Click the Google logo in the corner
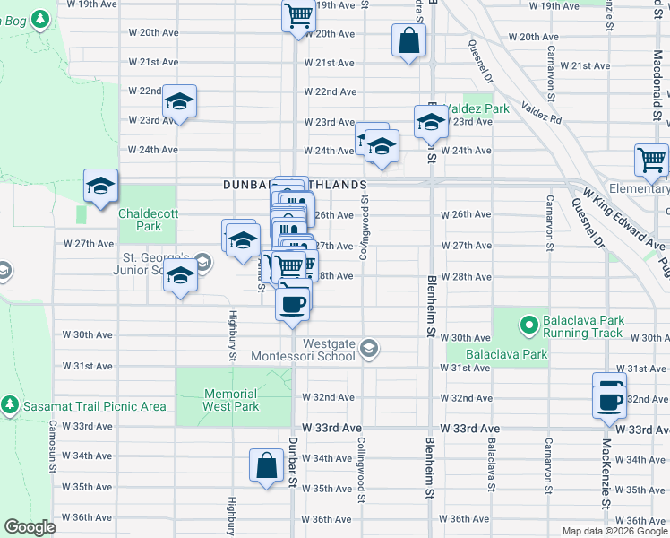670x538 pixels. [30, 527]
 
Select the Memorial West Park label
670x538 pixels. [231, 400]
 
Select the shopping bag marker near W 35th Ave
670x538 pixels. [267, 465]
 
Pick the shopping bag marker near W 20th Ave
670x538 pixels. [408, 40]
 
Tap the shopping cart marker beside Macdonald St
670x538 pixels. [651, 160]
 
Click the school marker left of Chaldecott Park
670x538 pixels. [100, 186]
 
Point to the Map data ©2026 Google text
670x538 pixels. [614, 531]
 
